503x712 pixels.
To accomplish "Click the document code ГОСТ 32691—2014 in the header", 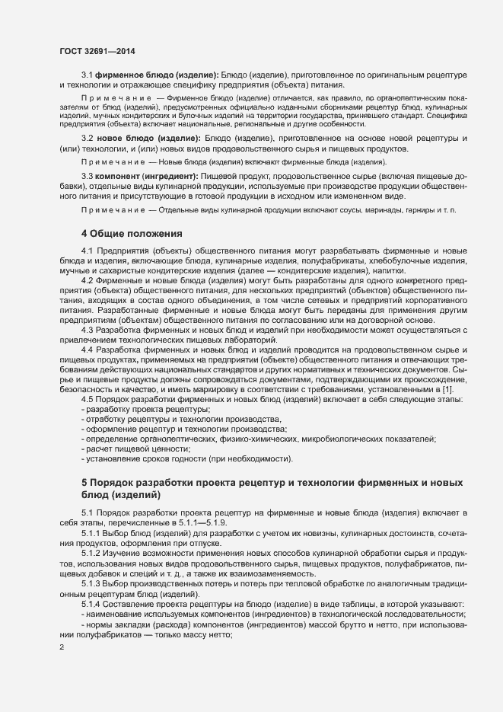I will pos(91,52).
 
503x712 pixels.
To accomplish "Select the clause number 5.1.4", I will pos(92,604).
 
